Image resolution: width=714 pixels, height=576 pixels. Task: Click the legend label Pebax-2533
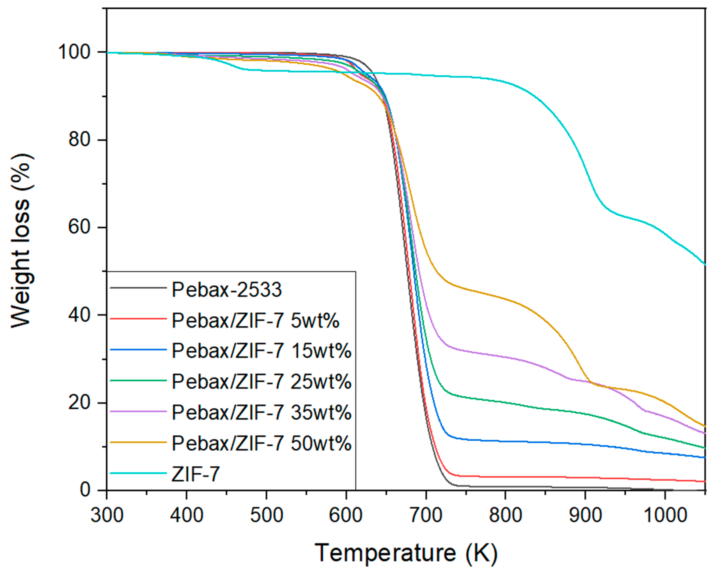pos(227,290)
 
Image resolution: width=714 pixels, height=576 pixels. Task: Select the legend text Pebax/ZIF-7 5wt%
pos(256,321)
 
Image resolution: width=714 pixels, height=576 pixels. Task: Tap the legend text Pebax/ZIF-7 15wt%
pos(262,351)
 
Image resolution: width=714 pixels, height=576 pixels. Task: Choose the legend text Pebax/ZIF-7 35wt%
pos(262,412)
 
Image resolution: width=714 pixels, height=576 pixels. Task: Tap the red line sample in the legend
pos(138,319)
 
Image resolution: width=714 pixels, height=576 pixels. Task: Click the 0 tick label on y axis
pos(86,490)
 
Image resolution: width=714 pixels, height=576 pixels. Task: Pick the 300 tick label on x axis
pos(107,516)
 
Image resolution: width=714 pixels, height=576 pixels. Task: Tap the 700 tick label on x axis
pos(426,516)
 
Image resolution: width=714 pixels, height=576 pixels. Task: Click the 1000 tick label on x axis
pos(665,516)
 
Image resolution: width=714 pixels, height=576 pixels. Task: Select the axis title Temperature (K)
pos(406,553)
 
